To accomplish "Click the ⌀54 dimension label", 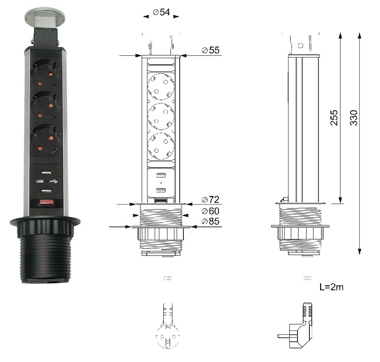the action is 161,12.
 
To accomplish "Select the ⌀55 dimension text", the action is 211,50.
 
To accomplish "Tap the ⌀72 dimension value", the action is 211,200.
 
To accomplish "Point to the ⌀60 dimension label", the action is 211,211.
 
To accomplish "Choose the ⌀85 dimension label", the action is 211,221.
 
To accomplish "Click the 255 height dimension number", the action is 334,118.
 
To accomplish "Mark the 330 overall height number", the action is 354,118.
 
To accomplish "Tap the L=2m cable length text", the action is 332,287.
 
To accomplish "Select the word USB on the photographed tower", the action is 40,181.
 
